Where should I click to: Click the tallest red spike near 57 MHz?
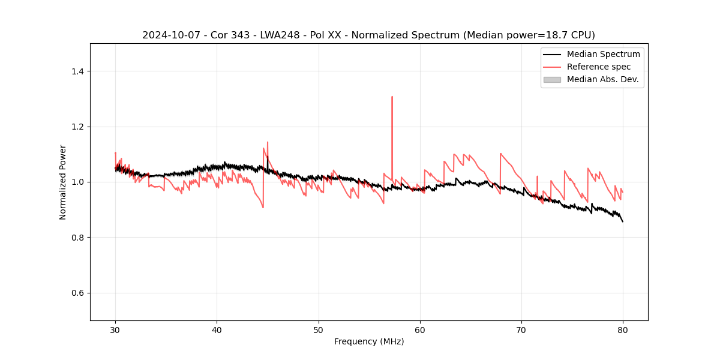pos(392,97)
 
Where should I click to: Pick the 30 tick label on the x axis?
pos(115,330)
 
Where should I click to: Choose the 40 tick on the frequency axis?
pos(217,330)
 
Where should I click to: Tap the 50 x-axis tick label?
pos(319,330)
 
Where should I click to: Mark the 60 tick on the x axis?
pos(420,330)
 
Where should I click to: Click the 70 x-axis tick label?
pos(521,330)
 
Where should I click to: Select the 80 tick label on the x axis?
pos(623,330)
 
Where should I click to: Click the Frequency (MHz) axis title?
pos(369,342)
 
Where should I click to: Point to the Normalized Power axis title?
pos(63,182)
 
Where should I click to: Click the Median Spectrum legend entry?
pos(603,54)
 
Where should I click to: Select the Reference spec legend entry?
pos(599,67)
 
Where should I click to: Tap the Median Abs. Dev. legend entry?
pos(602,79)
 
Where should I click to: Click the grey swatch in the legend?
pos(552,79)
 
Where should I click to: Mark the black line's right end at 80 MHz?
pos(623,221)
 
